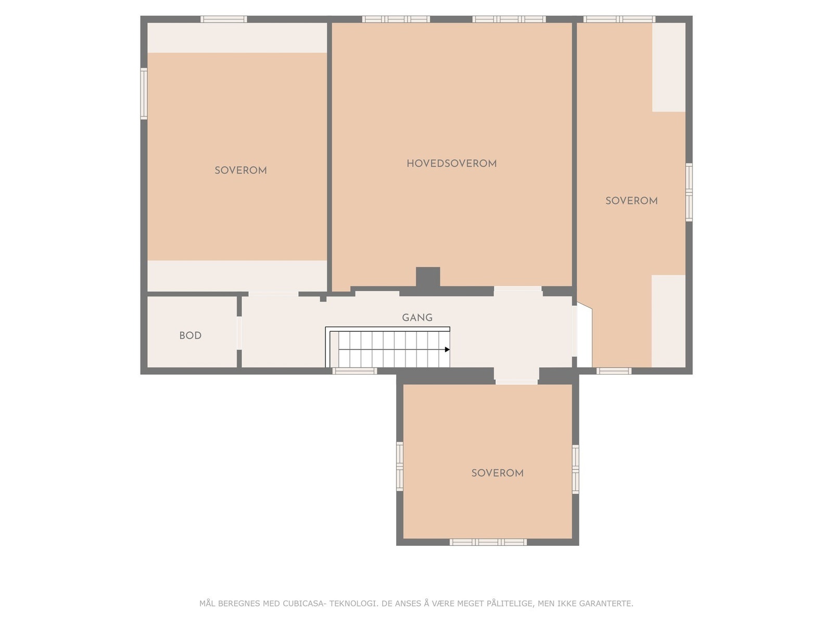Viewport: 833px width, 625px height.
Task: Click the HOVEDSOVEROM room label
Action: point(451,164)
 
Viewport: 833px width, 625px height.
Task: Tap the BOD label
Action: point(190,335)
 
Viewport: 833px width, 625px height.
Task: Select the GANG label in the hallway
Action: point(417,317)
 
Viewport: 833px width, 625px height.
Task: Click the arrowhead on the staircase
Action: point(447,349)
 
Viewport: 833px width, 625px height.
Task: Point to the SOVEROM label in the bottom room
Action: point(497,473)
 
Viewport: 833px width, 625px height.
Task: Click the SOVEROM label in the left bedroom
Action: point(241,170)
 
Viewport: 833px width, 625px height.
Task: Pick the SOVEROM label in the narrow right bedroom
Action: point(631,201)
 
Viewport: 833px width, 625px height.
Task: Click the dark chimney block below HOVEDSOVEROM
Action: point(428,277)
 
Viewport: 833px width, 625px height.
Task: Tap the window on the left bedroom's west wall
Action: point(144,94)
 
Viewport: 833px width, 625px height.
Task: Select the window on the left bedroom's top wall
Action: point(224,19)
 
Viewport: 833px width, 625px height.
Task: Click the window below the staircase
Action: point(355,371)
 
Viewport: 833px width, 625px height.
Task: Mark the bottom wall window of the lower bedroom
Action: point(488,542)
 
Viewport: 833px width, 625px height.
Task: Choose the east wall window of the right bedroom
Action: point(689,192)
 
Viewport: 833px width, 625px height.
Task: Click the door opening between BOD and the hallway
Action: point(239,332)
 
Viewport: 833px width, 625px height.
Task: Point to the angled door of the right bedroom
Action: point(583,336)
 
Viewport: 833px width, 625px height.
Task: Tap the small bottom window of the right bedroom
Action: point(613,371)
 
